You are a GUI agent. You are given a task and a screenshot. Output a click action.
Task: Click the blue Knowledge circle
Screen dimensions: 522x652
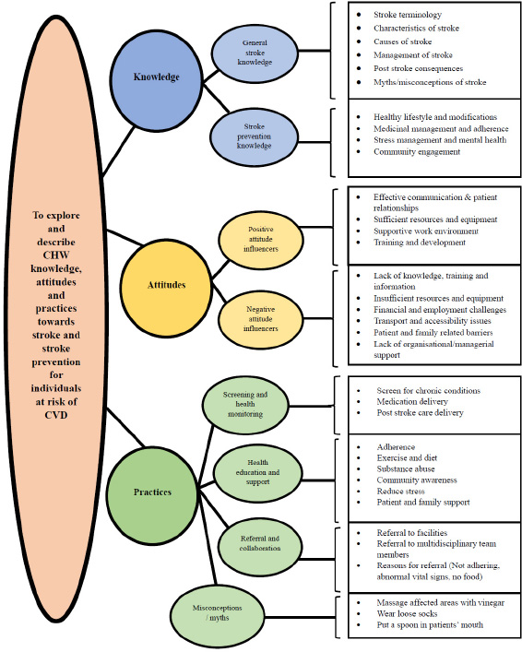157,77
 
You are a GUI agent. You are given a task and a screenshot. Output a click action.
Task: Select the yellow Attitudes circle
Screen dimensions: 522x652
166,286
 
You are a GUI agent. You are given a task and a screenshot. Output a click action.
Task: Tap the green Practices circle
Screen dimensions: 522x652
152,492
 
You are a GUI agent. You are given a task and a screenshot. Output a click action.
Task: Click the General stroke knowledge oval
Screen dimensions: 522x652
255,53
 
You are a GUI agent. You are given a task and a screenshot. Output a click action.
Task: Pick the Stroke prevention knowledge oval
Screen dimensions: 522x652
255,136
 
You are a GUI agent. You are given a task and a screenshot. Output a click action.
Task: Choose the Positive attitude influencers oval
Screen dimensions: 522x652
261,239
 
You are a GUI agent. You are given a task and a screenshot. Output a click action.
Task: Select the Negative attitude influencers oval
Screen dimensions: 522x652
261,319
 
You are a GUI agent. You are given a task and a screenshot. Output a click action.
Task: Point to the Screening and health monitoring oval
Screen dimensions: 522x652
245,404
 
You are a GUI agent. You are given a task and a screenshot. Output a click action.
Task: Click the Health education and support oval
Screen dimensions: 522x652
258,472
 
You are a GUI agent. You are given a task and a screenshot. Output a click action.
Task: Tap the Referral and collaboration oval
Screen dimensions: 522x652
260,544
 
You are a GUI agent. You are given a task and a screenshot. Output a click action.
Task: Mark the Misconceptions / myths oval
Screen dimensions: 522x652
217,613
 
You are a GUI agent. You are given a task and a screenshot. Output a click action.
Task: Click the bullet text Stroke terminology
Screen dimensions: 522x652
408,15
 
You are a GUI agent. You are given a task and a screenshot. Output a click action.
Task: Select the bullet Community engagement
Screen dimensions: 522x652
417,152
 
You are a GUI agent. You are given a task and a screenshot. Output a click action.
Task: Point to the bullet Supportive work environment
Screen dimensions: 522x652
426,231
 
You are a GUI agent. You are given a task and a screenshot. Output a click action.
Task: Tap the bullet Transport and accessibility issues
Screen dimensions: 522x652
433,321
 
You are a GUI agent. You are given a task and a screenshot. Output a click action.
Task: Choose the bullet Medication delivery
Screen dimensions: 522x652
412,402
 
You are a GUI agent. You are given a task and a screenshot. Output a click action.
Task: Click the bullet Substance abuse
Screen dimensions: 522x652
406,469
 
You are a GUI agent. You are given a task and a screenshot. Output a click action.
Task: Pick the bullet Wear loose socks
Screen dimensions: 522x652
407,614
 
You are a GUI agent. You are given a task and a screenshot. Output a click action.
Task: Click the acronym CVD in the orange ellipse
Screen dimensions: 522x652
55,415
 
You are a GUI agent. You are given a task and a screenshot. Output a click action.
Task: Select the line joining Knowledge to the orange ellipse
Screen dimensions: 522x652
119,151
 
